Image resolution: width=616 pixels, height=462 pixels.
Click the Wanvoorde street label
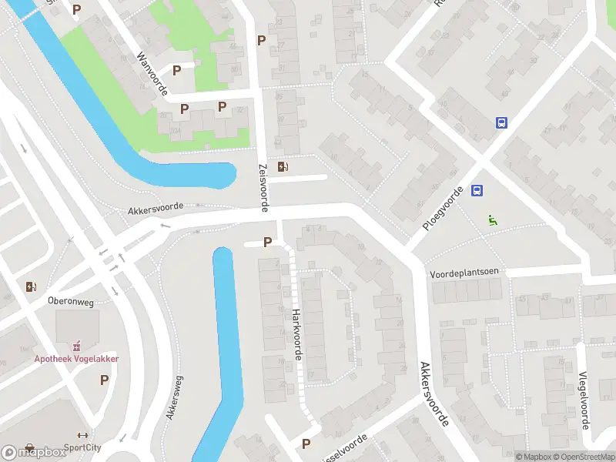coord(152,75)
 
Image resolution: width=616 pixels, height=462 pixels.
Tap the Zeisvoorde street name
coord(263,187)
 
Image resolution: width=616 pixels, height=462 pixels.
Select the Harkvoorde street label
coord(296,334)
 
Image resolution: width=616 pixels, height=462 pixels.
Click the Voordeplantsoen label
coord(465,273)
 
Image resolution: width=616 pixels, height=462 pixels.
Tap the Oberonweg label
coord(70,302)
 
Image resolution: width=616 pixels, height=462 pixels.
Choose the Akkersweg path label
coord(175,397)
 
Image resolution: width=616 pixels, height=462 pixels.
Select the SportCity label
coord(83,447)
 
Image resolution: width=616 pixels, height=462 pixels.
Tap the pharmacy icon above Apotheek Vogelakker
coord(76,346)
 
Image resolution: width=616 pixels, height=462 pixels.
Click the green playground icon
coord(493,219)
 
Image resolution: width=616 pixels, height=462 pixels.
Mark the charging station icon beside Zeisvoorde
coord(284,166)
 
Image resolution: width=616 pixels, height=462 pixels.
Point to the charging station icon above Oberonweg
coord(31,287)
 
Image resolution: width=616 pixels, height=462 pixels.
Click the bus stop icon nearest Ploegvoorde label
coord(477,191)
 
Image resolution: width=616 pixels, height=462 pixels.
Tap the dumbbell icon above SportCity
coord(83,434)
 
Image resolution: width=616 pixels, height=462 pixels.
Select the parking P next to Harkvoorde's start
coord(267,243)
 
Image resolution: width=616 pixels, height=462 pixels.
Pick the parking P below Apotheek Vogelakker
coord(104,380)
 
